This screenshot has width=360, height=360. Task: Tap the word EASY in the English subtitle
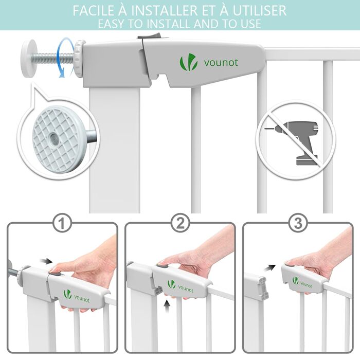[111, 24]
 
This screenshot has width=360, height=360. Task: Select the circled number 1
[62, 223]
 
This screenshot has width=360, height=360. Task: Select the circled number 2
[180, 223]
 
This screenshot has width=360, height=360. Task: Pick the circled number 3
[298, 223]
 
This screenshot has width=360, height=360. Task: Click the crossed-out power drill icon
[296, 139]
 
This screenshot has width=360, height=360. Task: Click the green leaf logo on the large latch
[188, 62]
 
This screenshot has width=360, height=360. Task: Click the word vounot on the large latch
[221, 63]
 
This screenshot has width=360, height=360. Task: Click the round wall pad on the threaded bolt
[29, 59]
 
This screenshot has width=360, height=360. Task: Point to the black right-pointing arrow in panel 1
[46, 261]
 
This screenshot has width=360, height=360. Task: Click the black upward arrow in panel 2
[167, 307]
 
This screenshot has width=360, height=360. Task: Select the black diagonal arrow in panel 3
[269, 268]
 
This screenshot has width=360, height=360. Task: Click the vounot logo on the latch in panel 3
[302, 282]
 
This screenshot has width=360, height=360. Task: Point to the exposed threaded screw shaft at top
[55, 58]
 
